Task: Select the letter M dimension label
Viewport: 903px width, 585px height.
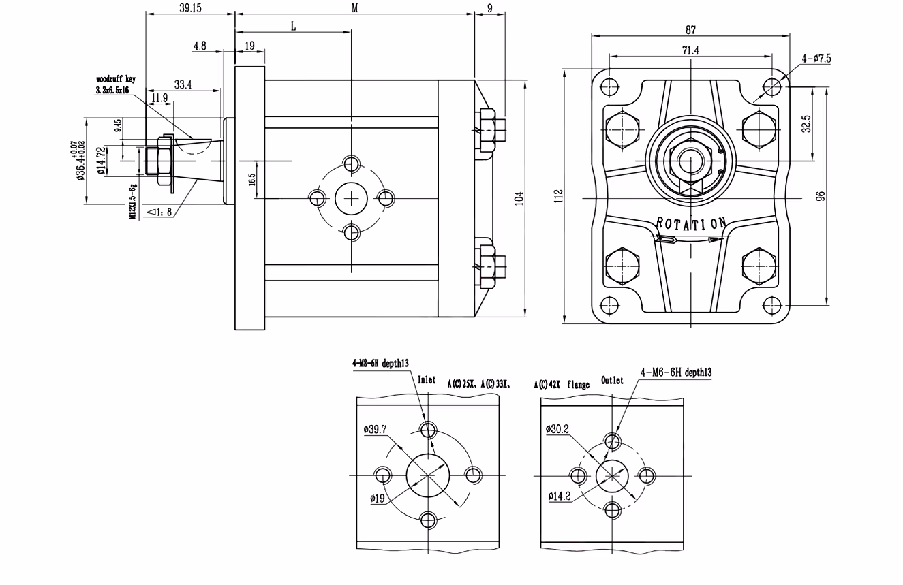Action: coord(354,7)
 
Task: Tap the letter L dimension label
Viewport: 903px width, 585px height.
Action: coord(293,26)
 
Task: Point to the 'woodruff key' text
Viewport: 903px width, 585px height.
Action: coord(116,79)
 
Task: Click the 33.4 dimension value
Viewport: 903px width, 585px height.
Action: coord(183,85)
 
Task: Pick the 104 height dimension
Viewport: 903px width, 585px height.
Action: coord(520,199)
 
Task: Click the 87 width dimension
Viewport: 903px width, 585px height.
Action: coord(691,29)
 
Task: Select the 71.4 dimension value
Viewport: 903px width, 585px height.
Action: coord(690,50)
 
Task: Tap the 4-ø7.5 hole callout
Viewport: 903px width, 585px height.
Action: coord(816,59)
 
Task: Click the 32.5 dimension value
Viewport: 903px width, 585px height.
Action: coord(806,125)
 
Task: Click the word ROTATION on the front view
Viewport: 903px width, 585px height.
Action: coord(691,223)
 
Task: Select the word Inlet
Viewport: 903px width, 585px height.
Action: coord(426,380)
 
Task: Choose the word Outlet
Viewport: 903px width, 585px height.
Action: coord(612,381)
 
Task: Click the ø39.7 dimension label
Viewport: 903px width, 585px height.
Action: coord(375,429)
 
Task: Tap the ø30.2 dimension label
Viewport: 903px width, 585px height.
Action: coord(557,429)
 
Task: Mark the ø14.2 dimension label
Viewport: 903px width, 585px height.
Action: coord(560,496)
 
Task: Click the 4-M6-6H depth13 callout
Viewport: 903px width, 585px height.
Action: coord(676,373)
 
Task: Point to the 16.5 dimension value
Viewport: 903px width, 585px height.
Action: coord(251,180)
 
